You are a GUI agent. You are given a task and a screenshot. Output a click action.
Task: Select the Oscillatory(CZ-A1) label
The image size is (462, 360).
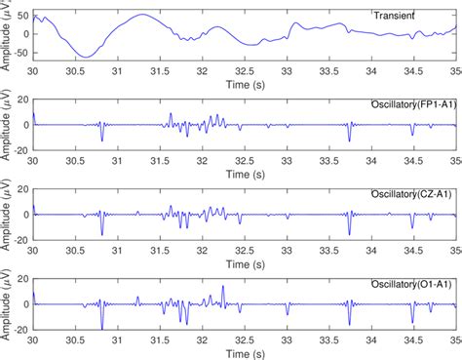coord(413,193)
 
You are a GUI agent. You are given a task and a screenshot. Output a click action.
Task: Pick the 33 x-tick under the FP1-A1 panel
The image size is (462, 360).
coord(288,162)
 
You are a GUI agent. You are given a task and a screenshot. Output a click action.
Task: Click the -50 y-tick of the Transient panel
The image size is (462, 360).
coord(20,58)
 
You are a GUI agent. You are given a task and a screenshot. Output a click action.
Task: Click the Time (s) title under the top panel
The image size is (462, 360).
coord(245,85)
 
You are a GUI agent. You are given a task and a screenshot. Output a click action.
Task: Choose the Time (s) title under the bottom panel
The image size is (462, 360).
coord(245,353)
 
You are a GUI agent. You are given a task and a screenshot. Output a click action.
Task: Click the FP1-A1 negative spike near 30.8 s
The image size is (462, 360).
coord(101,140)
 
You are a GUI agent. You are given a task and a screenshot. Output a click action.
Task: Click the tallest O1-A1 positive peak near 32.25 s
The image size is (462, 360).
coord(223,287)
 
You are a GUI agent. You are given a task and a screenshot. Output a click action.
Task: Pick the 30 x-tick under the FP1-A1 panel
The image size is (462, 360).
coord(33,162)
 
